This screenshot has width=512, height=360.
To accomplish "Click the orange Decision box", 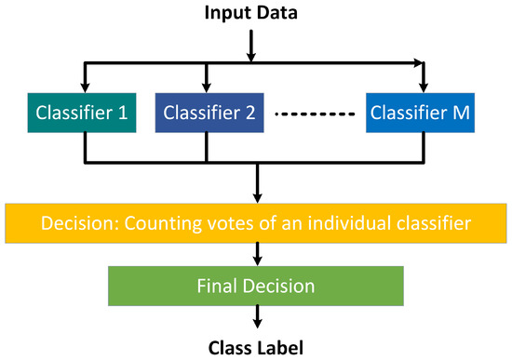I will pos(256,225).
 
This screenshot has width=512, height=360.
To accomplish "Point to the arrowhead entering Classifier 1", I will pos(86,84).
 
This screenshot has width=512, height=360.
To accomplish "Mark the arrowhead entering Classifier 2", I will pos(205,84).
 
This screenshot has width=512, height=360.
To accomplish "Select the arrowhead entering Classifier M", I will pos(424,84).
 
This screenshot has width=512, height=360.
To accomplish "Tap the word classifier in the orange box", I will pos(426,225).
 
